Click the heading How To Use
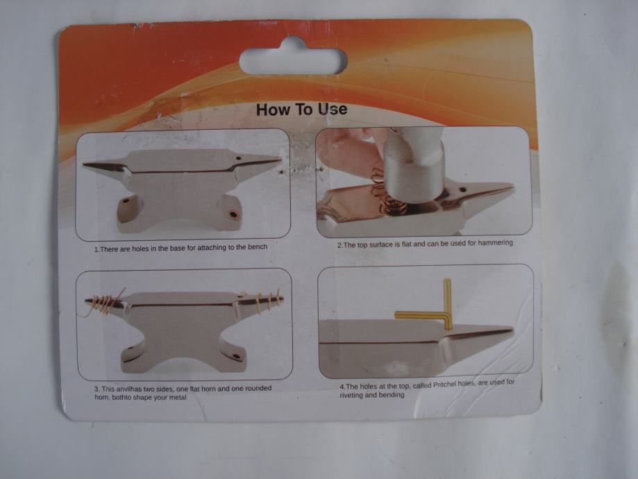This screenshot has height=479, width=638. tap(301, 109)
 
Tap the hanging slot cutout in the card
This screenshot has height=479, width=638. tap(294, 60)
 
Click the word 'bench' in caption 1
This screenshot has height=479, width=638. tap(258, 246)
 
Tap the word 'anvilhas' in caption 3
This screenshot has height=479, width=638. tap(128, 389)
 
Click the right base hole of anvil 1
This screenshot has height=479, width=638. tap(233, 214)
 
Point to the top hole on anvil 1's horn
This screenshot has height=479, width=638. tap(238, 158)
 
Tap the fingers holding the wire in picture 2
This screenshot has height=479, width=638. tap(350, 151)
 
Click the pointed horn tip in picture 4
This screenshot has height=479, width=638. tap(512, 328)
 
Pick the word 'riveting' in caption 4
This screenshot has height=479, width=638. tap(351, 395)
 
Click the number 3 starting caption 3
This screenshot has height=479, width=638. tap(96, 389)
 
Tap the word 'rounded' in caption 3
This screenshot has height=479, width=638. tap(258, 388)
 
